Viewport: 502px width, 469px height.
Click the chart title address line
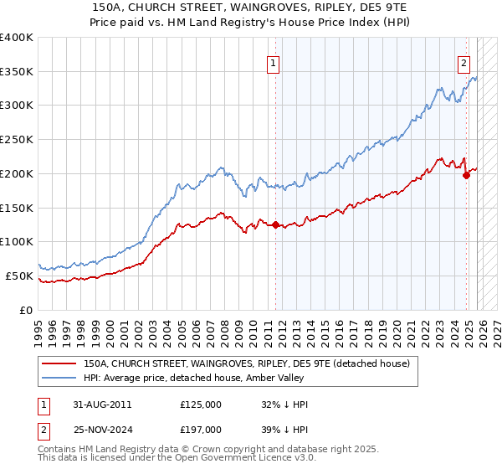[x=251, y=8]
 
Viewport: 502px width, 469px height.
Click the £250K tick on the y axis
[x=17, y=140]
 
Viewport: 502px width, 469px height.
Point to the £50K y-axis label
[x=19, y=276]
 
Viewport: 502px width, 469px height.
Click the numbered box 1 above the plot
[x=274, y=62]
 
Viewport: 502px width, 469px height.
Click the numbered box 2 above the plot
[x=464, y=62]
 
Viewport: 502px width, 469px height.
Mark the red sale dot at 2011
[x=275, y=224]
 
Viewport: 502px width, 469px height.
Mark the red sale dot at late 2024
[x=466, y=175]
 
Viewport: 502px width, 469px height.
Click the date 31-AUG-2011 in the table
[x=102, y=405]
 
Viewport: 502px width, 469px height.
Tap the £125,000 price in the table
[x=201, y=405]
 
